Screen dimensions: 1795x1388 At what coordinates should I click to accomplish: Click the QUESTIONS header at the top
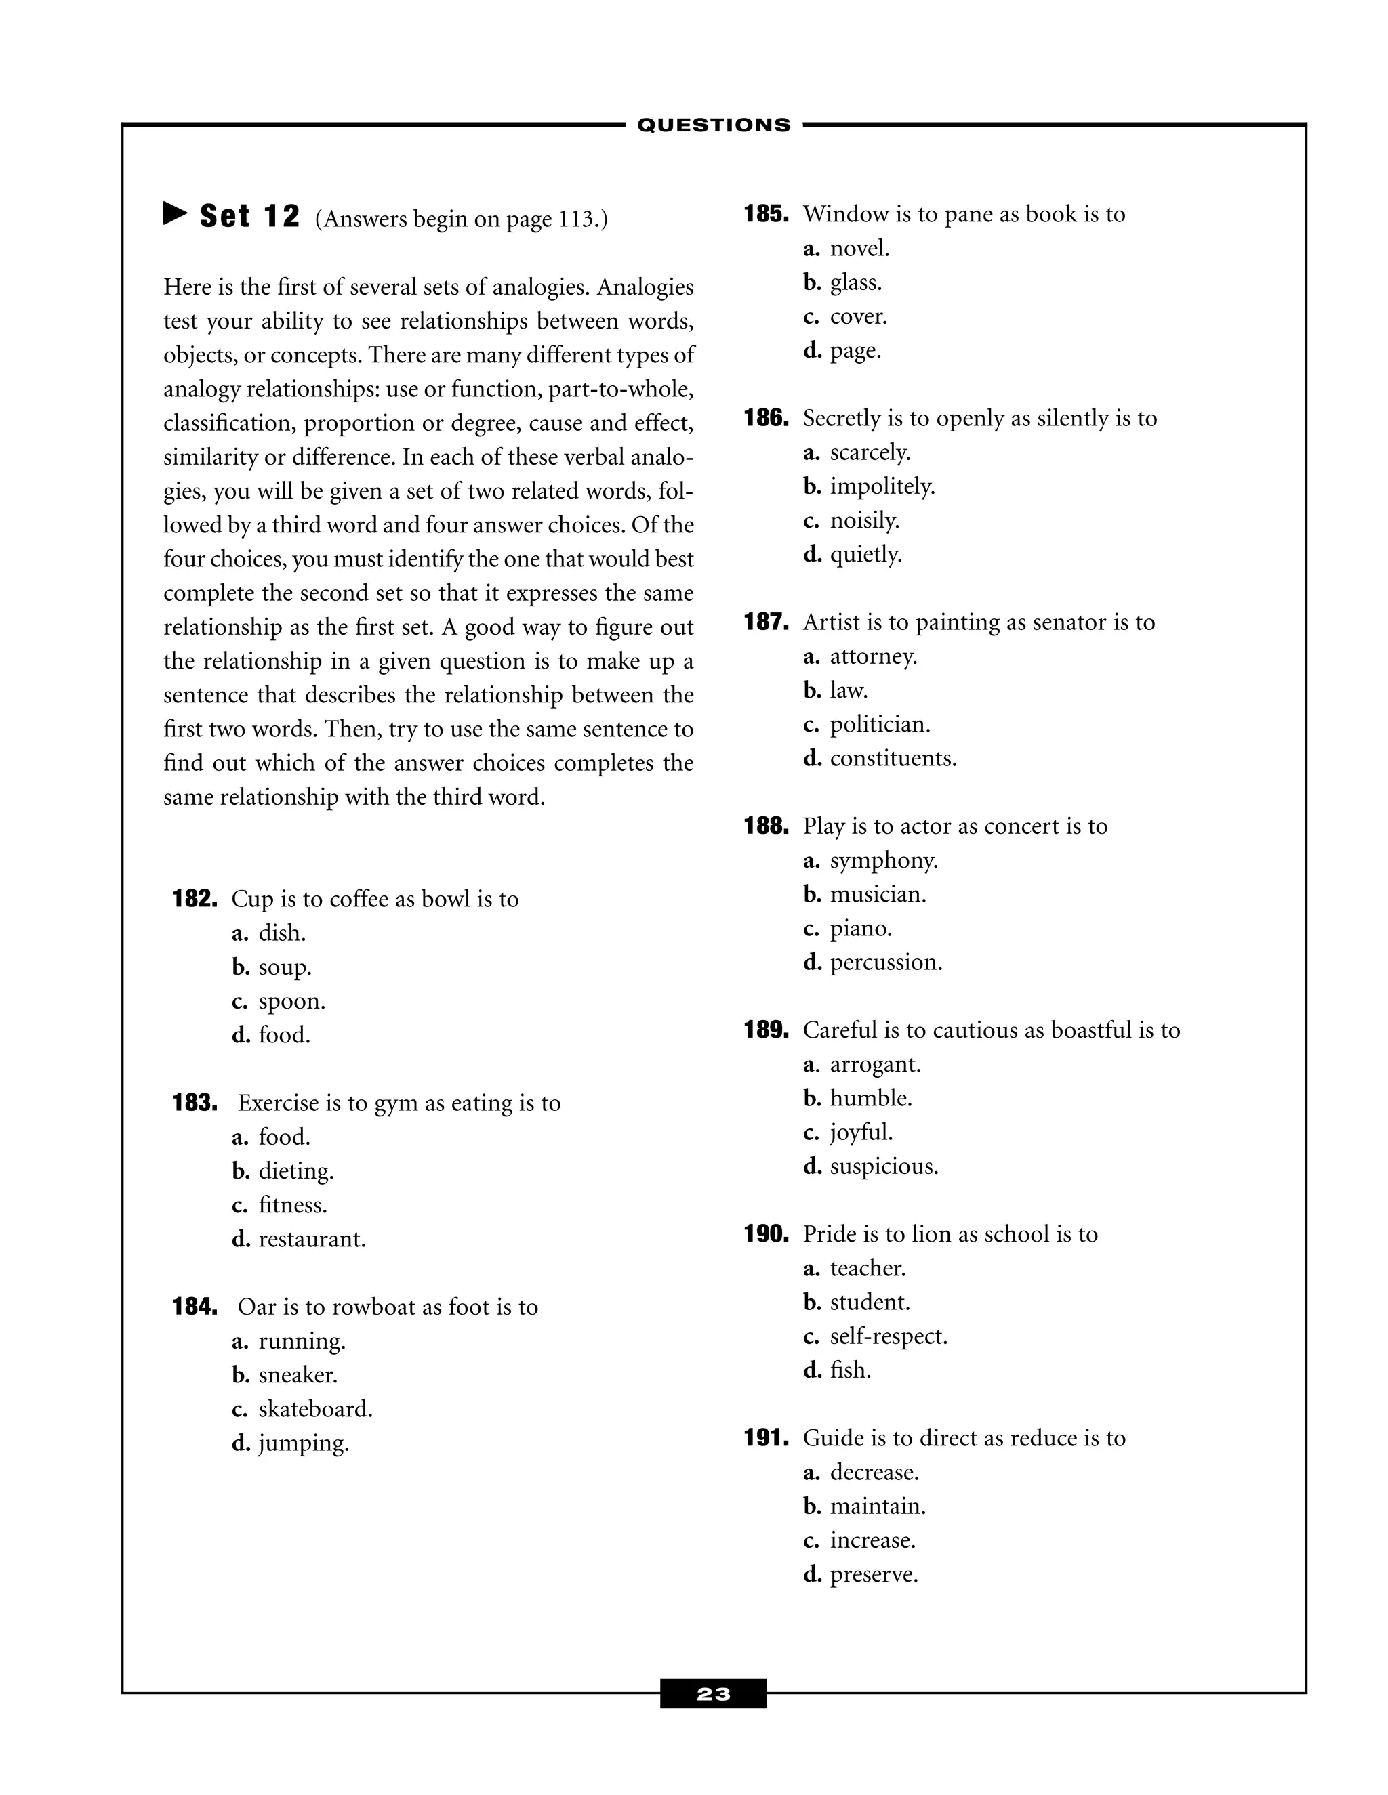714,125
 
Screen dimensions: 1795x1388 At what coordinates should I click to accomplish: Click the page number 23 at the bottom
713,1694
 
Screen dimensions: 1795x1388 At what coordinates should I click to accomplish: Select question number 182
195,898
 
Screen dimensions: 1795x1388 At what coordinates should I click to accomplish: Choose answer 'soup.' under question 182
285,967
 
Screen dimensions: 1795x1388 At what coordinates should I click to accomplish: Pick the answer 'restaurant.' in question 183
312,1240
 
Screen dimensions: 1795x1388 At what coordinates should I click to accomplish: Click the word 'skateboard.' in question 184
315,1410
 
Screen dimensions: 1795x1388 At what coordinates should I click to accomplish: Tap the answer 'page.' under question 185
855,351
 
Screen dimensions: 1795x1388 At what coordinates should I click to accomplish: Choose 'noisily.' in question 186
864,520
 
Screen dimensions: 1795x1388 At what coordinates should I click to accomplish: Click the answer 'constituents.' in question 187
893,759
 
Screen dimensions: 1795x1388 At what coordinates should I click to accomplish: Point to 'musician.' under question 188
878,894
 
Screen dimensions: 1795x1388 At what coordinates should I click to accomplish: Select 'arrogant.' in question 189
875,1064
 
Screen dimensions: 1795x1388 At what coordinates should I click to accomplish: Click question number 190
767,1233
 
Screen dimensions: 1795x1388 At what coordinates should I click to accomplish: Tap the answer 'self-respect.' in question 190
888,1336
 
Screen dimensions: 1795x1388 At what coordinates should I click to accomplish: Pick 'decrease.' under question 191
874,1472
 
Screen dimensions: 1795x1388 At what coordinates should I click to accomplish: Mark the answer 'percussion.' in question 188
886,963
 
